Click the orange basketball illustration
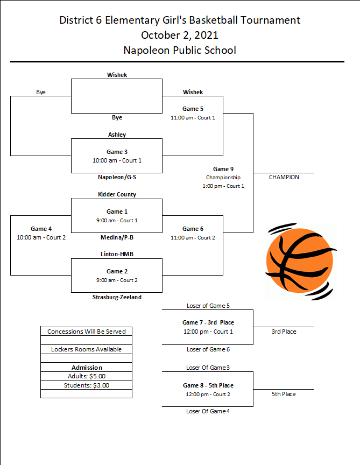[301, 261]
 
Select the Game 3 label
[117, 152]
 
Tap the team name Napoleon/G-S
[117, 178]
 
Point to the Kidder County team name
[117, 194]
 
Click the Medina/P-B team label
[117, 237]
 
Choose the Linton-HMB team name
[117, 254]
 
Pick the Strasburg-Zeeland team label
[117, 297]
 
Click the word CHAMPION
[284, 178]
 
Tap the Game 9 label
[223, 169]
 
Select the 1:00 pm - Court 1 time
[223, 186]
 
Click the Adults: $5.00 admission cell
[87, 376]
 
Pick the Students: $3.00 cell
[87, 385]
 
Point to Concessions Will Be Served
[87, 332]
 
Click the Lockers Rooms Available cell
[86, 349]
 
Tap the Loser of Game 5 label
[208, 306]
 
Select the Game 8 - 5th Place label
[208, 385]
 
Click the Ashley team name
[117, 135]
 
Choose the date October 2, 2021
[180, 36]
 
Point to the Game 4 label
[41, 229]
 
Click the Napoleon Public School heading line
[180, 50]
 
